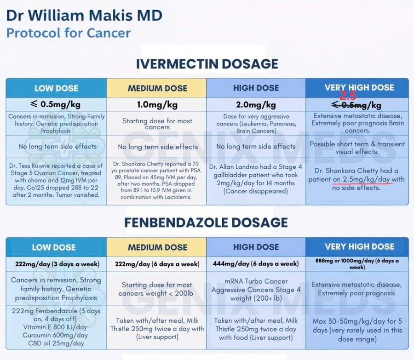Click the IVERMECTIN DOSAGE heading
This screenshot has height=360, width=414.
coord(207,63)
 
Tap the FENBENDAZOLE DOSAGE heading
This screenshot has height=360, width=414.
coord(206,223)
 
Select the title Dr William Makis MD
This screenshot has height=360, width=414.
coord(84,15)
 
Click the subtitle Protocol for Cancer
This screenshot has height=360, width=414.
coord(68,33)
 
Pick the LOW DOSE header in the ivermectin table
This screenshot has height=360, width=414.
coord(56,88)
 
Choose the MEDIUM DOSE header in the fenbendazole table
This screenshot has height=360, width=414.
coord(157,247)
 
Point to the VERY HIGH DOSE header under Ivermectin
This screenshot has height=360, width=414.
coord(359,87)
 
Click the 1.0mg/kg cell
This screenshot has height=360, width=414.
coord(157,104)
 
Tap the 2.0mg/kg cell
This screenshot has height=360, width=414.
coord(256,104)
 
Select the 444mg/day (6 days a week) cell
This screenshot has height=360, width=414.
coord(256,264)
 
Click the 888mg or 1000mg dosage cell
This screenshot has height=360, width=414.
coord(357,263)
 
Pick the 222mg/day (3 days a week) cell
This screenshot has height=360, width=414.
coord(56,264)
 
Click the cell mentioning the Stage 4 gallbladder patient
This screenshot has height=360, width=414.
coord(256,179)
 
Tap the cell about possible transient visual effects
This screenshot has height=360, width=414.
coord(357,148)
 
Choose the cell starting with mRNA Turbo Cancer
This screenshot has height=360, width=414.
coord(256,289)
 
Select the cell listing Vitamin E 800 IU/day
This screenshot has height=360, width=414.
coord(56,327)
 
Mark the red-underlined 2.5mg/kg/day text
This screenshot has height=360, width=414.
coord(362,179)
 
